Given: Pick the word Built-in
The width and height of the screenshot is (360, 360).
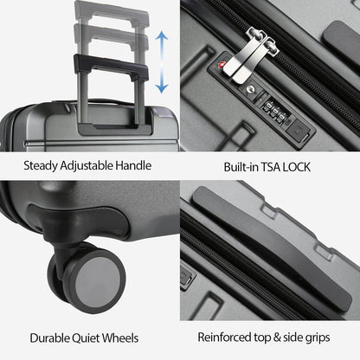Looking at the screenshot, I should tap(229, 164).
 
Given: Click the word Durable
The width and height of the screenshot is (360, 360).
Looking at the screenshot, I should tap(51, 337).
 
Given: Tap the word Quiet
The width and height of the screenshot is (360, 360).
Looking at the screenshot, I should tap(97, 337).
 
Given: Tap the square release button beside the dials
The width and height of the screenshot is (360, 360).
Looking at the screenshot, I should tap(299, 132).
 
